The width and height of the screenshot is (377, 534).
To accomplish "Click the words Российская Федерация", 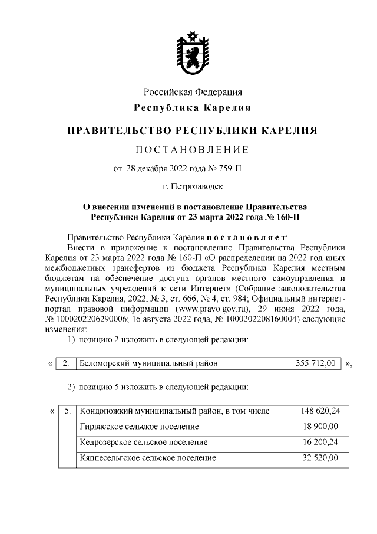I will (x=193, y=92).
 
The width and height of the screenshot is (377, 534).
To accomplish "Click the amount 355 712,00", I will (x=316, y=363).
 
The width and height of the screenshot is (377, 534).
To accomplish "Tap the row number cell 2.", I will (x=66, y=363).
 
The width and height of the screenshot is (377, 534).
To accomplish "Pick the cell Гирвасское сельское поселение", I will (x=138, y=426).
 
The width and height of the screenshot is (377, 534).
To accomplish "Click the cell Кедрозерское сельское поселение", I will (x=143, y=441).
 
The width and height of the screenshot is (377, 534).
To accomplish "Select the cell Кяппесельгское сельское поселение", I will (x=147, y=457).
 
